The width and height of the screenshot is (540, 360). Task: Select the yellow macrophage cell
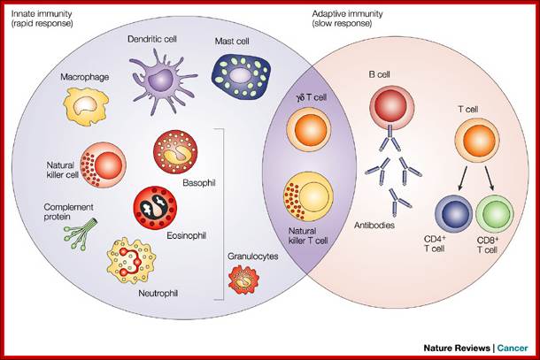[85, 107]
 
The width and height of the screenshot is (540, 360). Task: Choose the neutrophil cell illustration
[136, 262]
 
